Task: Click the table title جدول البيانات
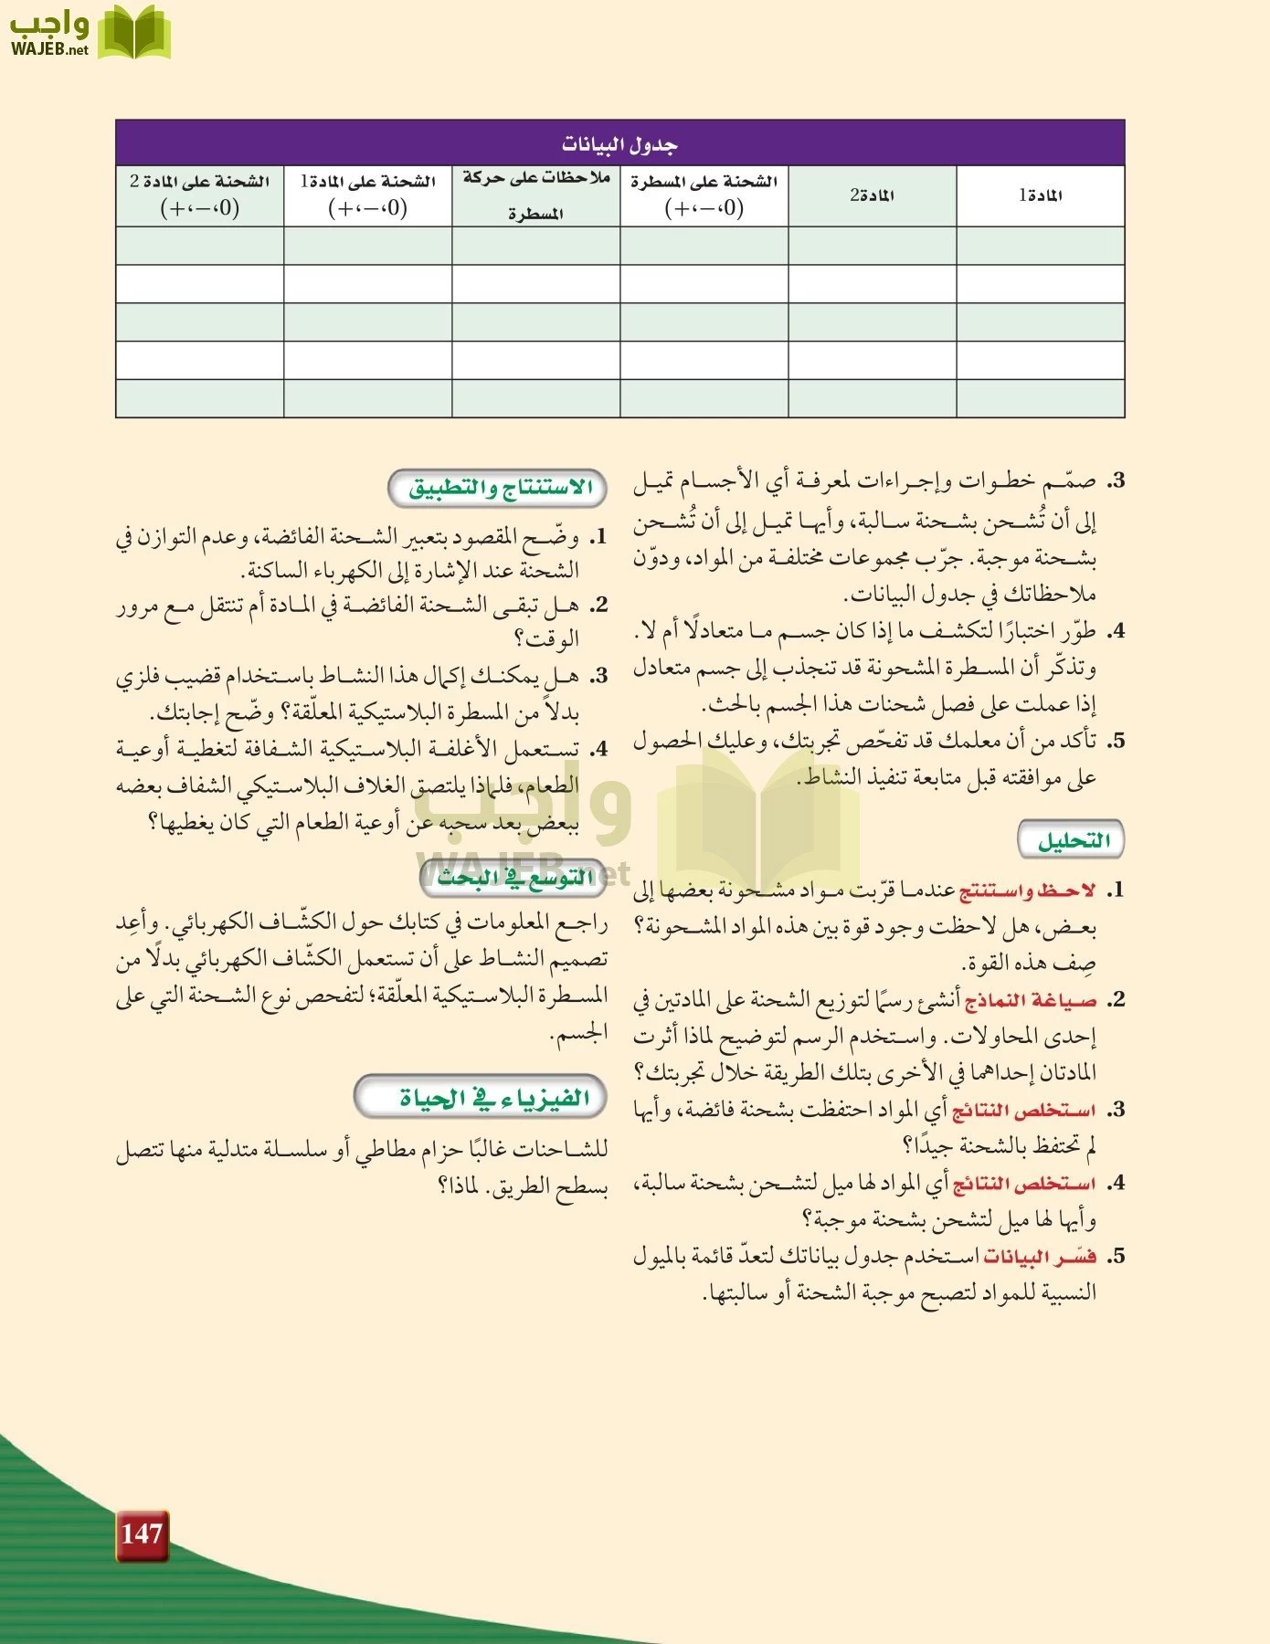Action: click(619, 144)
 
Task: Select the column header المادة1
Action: click(1040, 195)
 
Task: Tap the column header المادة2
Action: click(872, 195)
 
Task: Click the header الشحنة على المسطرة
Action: click(704, 195)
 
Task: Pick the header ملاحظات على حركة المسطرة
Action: click(536, 195)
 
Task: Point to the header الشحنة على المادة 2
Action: click(199, 195)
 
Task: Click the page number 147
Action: click(142, 1533)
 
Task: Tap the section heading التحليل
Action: click(1072, 840)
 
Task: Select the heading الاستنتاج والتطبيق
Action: click(499, 488)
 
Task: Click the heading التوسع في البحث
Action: click(514, 878)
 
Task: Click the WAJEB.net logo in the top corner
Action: click(90, 33)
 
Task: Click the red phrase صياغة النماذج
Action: click(1031, 1000)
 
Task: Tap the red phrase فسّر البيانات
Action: click(1039, 1257)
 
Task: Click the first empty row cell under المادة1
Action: click(1040, 246)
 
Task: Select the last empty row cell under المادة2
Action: click(872, 399)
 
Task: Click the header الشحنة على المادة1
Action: click(367, 195)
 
